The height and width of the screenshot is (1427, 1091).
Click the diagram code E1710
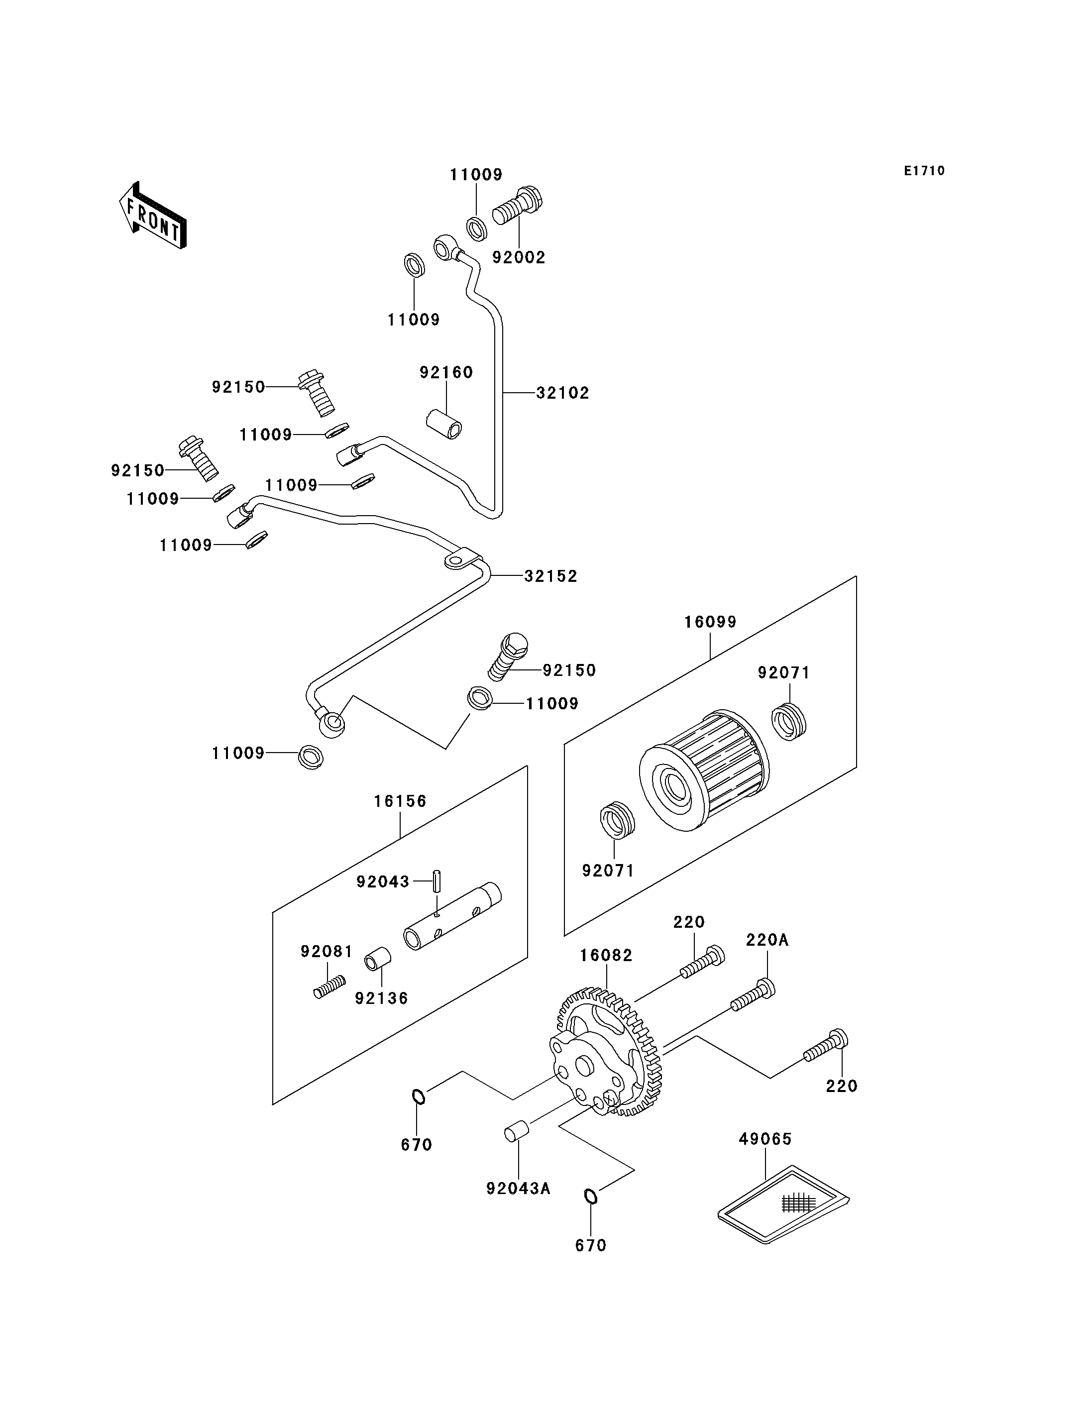[925, 171]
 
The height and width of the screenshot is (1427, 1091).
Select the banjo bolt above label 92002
[518, 206]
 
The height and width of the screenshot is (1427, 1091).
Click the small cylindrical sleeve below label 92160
[445, 423]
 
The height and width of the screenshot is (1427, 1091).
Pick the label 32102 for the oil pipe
[562, 393]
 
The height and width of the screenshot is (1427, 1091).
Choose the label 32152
[550, 576]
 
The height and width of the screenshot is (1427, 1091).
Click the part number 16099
[710, 622]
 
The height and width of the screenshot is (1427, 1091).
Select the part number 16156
[400, 801]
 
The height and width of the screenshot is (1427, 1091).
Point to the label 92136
[381, 998]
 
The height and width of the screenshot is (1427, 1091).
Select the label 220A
[767, 940]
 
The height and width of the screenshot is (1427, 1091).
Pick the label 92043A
[518, 1189]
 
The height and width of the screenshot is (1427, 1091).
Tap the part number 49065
[765, 1139]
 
